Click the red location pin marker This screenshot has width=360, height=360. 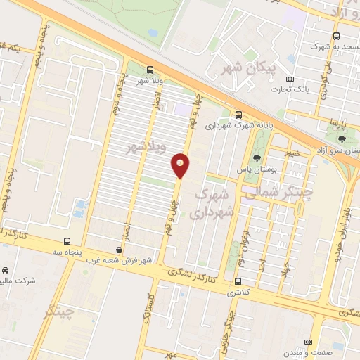(x=181, y=165)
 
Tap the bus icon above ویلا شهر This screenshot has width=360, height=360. (x=149, y=69)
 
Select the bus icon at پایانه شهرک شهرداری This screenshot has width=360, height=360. (x=238, y=115)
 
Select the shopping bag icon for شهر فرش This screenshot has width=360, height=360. (x=120, y=249)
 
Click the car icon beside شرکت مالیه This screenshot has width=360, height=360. (x=6, y=271)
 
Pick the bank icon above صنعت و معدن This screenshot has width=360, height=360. (x=307, y=342)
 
